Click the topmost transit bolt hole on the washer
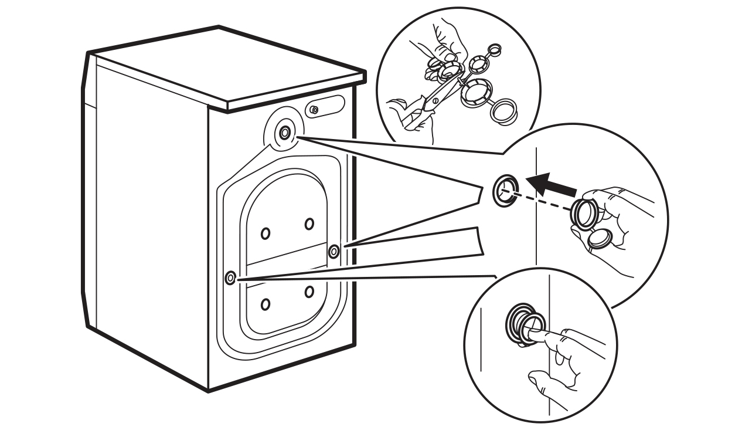[x=284, y=133]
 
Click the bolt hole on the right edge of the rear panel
[x=334, y=252]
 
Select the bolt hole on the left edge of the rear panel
[x=230, y=277]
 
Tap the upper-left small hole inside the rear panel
[x=266, y=233]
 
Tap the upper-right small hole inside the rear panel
[x=309, y=224]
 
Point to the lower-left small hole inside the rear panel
[x=266, y=304]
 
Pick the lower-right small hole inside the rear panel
[x=309, y=292]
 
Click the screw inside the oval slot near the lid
[x=315, y=109]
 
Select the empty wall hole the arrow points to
[x=505, y=189]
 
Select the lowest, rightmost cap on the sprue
[x=505, y=112]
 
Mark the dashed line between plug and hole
[x=542, y=199]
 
